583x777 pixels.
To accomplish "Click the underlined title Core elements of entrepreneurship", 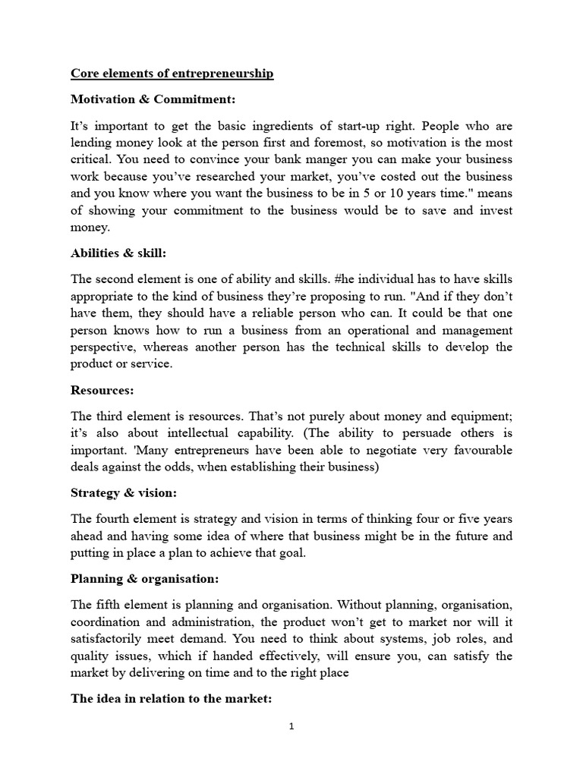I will point(172,74).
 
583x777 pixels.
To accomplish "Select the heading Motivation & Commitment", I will point(142,99).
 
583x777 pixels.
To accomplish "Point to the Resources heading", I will point(102,391).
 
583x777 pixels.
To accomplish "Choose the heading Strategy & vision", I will point(124,493).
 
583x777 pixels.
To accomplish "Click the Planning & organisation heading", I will point(144,579).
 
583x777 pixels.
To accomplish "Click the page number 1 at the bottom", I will point(291,726).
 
